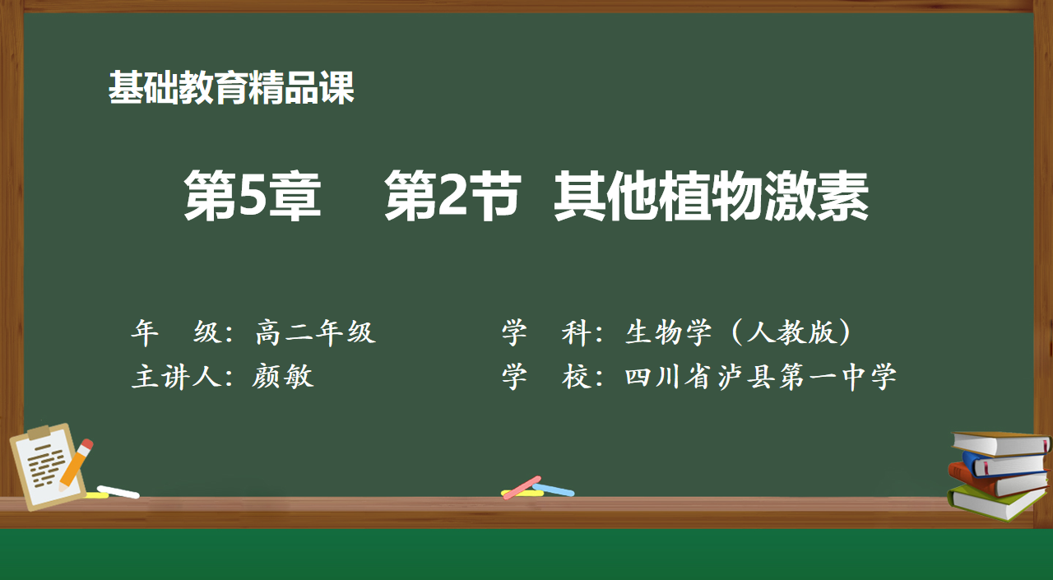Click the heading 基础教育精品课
click(x=231, y=88)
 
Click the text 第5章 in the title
click(x=253, y=195)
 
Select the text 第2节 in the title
click(x=452, y=195)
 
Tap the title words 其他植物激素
click(x=711, y=195)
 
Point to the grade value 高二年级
click(x=315, y=332)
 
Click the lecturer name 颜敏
click(x=282, y=377)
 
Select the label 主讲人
click(x=176, y=377)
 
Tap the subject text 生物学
click(x=669, y=332)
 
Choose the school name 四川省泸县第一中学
click(x=761, y=377)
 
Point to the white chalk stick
click(x=118, y=492)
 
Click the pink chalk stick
click(x=522, y=488)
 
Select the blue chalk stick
click(x=554, y=490)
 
